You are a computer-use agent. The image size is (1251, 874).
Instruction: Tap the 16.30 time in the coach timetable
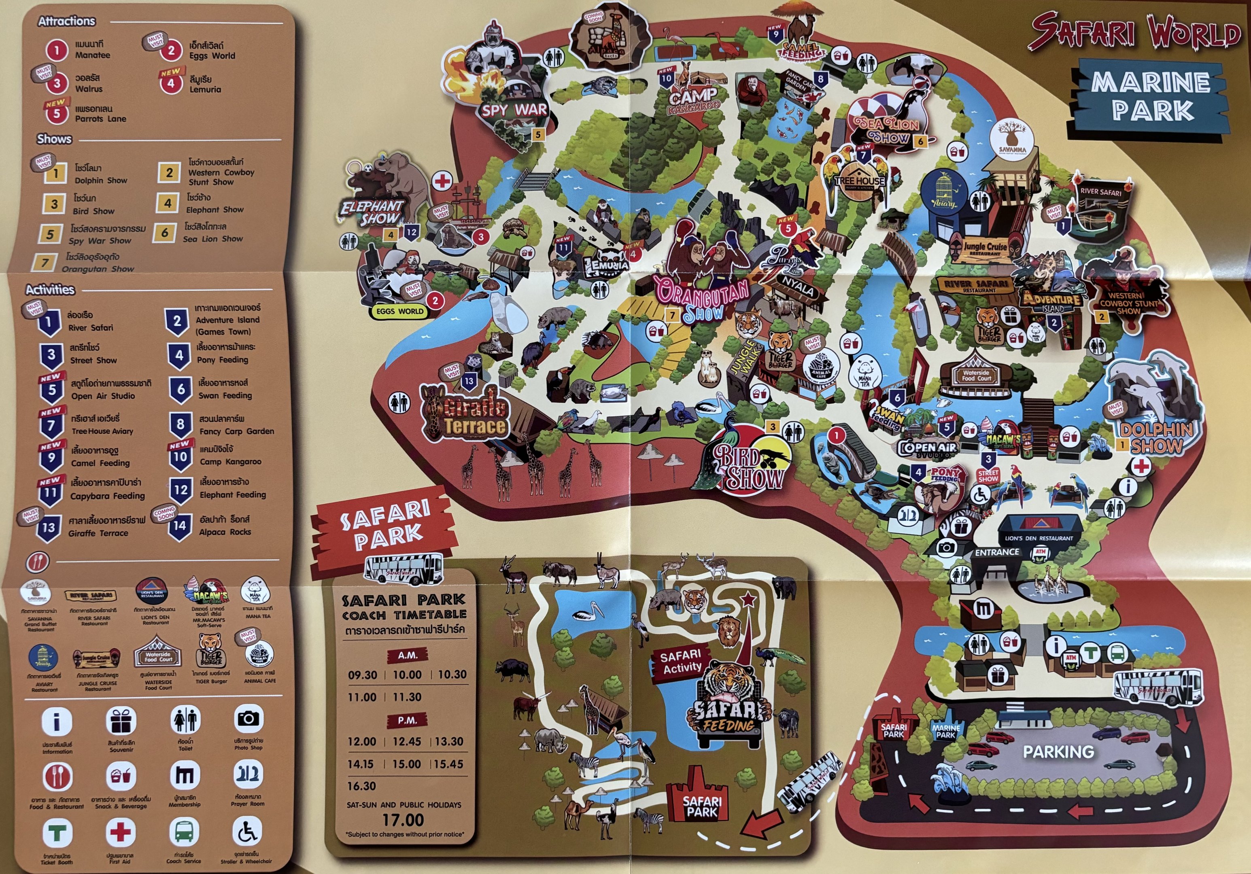[x=362, y=786]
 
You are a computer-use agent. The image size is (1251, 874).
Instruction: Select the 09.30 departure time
[x=362, y=675]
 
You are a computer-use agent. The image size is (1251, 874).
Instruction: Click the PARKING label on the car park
[x=1058, y=752]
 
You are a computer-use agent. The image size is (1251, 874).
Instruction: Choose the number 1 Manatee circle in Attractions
[x=56, y=50]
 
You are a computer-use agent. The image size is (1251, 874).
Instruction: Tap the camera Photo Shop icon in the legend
[x=249, y=719]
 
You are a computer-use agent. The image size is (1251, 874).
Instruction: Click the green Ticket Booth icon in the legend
[x=57, y=833]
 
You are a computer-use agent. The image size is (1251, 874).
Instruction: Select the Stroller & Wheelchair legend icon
[x=247, y=832]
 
